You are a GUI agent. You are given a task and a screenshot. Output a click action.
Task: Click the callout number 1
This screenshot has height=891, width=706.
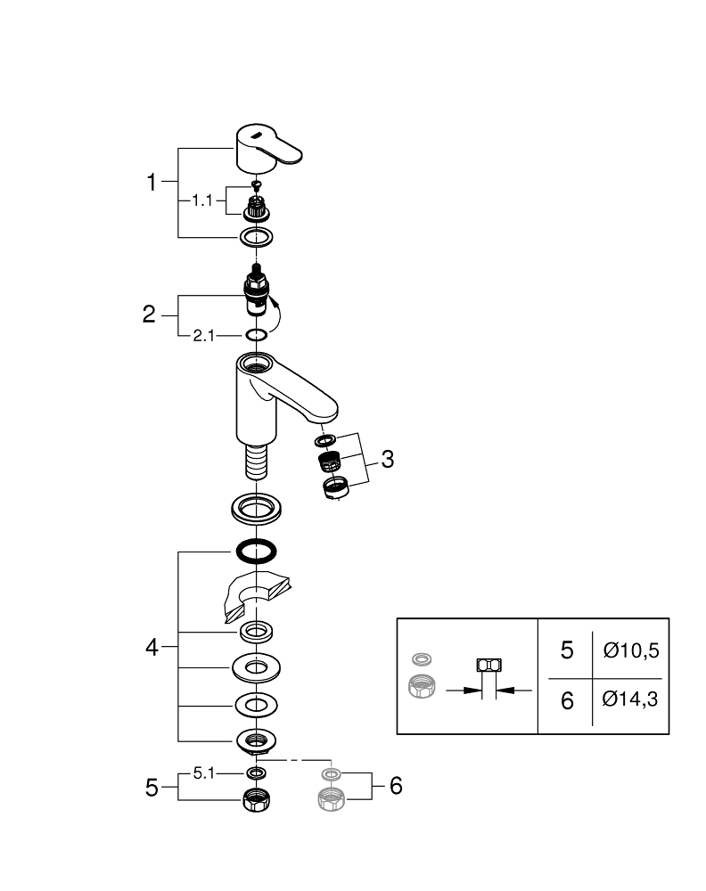click(x=152, y=184)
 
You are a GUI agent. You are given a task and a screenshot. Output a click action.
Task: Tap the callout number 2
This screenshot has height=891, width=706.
click(x=149, y=315)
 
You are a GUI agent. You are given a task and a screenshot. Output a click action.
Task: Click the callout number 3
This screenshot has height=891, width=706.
click(x=386, y=460)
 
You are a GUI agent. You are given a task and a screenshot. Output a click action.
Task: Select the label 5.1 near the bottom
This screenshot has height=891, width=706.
click(x=204, y=772)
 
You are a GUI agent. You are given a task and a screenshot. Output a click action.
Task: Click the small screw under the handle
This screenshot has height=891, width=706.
click(x=256, y=185)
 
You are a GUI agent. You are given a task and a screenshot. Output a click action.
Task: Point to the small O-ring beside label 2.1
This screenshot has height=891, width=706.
click(x=256, y=335)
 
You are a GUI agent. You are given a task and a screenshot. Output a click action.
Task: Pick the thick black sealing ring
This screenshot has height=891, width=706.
click(x=256, y=552)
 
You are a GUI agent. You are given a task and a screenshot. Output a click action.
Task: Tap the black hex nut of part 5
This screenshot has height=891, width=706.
click(x=256, y=800)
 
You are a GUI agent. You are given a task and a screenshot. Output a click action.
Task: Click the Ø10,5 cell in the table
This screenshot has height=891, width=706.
click(x=630, y=650)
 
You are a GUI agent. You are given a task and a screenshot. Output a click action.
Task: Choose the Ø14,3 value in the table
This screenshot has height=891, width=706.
click(x=630, y=700)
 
